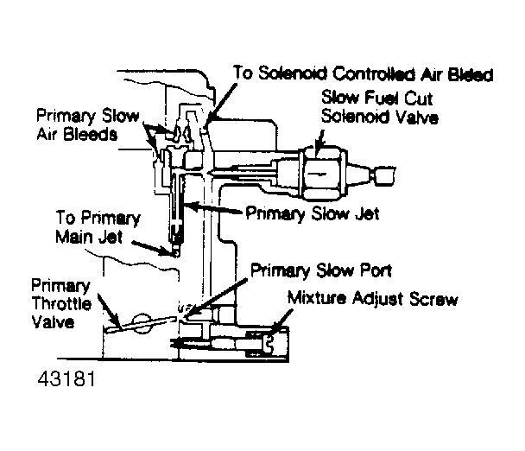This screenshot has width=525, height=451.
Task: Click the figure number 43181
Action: click(66, 379)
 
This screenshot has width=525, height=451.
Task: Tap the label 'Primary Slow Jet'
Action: click(313, 213)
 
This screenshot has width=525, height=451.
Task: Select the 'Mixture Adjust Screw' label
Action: click(373, 298)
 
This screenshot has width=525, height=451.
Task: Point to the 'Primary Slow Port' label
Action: click(321, 270)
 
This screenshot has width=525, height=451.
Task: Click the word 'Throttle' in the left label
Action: click(61, 303)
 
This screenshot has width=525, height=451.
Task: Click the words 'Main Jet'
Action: click(89, 238)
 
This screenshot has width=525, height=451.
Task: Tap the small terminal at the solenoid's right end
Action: click(384, 175)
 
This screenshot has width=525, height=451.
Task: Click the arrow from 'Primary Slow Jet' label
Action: click(213, 208)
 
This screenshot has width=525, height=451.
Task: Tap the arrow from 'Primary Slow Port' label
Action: click(217, 297)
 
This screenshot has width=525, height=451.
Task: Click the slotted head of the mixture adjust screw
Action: click(269, 345)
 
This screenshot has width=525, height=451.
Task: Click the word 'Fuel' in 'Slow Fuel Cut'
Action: click(383, 98)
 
